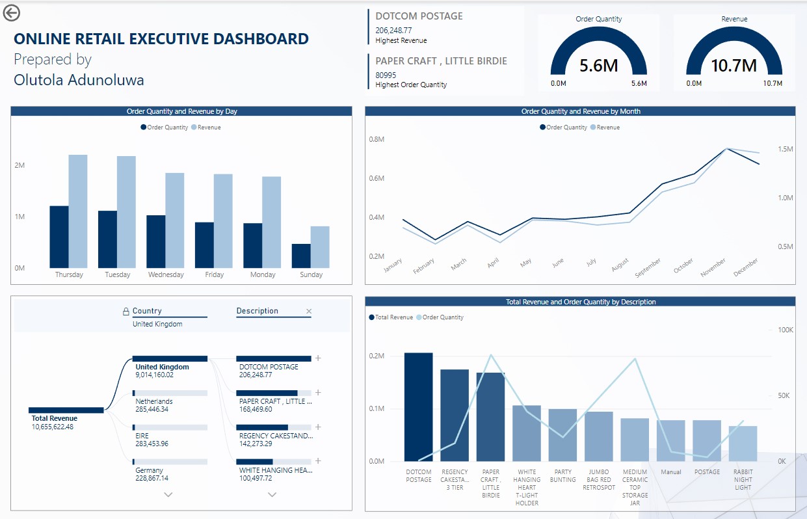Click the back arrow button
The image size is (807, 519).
tap(12, 12)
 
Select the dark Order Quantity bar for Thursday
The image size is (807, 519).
tap(59, 237)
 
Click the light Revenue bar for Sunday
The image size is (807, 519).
tap(320, 247)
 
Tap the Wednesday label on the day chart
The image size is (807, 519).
tap(166, 275)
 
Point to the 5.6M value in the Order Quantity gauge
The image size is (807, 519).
tap(598, 66)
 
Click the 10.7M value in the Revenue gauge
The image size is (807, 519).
tap(734, 66)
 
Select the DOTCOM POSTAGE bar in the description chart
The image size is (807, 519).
tap(419, 407)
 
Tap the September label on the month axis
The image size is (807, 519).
tap(648, 269)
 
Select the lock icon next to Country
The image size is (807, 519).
tap(126, 312)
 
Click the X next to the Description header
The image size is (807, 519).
tap(309, 312)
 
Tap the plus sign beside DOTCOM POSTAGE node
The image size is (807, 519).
tap(318, 358)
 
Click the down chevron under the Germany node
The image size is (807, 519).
tap(168, 495)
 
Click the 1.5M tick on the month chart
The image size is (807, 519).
tap(785, 150)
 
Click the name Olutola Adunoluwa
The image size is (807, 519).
tap(79, 80)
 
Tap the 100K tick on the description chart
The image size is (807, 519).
tap(786, 330)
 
